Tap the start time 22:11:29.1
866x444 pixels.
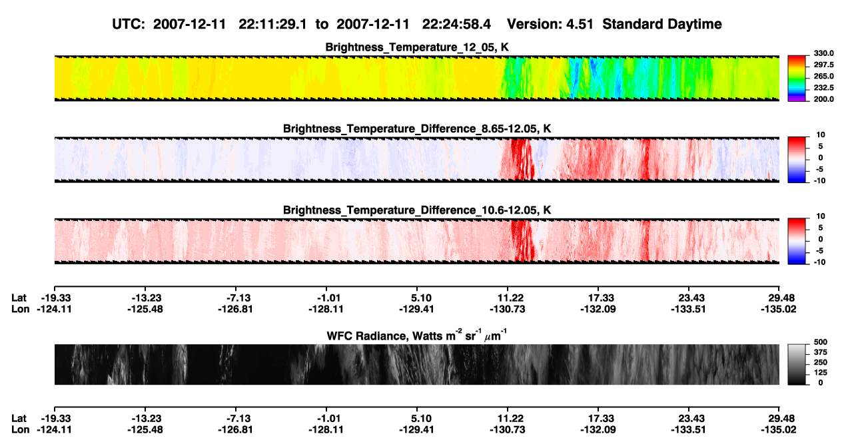[x=272, y=24]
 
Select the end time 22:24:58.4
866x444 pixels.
[x=456, y=24]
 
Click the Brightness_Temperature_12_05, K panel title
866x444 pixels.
[x=417, y=47]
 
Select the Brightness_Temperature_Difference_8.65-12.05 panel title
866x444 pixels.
[x=417, y=128]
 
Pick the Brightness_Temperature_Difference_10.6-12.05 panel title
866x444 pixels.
[x=417, y=210]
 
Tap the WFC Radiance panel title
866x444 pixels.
[x=417, y=335]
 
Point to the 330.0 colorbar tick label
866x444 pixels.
[x=823, y=53]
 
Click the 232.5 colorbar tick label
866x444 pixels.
[x=823, y=88]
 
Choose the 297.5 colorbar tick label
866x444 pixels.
[x=823, y=65]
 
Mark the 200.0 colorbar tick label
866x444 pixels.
[x=823, y=99]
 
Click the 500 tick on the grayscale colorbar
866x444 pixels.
[x=820, y=342]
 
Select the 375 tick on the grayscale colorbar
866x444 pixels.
[x=820, y=352]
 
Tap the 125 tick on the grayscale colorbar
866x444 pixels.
[x=820, y=373]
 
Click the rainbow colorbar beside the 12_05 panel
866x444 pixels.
[x=797, y=79]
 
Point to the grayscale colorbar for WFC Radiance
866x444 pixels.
[x=797, y=364]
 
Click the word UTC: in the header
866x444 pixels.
[x=129, y=24]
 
